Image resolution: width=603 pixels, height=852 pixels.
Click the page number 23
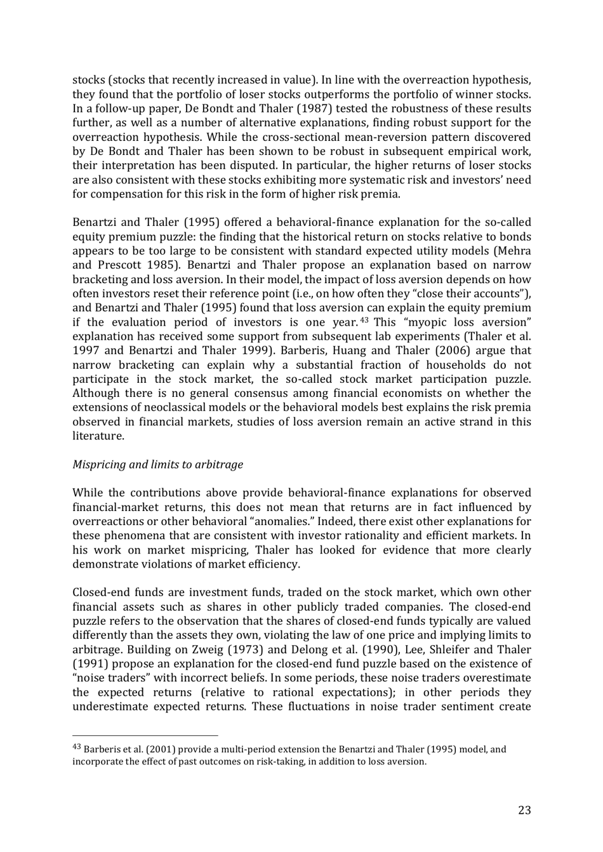[x=524, y=810]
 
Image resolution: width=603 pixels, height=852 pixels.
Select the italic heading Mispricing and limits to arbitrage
[x=157, y=465]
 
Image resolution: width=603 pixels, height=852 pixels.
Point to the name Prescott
[x=119, y=265]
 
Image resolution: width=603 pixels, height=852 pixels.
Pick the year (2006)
[x=454, y=350]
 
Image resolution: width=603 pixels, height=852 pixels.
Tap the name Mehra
[x=513, y=251]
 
